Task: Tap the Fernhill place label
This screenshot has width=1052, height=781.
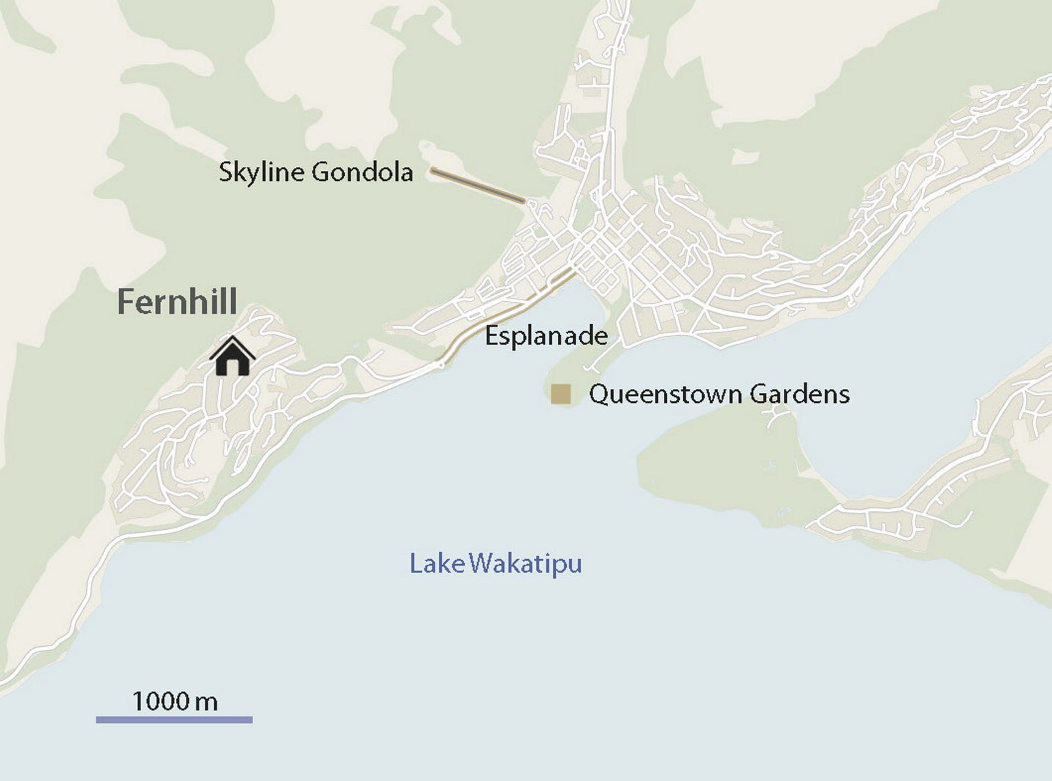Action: [177, 302]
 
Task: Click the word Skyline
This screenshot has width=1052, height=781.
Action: [261, 173]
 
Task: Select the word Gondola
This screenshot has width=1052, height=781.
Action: [362, 172]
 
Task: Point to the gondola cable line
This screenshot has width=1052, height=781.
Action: [478, 186]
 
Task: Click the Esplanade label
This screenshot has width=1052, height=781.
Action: [546, 335]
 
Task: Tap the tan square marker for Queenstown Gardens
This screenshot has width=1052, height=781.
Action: [561, 394]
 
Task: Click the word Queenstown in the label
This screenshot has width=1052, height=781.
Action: [666, 394]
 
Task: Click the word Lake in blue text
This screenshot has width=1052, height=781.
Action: [437, 564]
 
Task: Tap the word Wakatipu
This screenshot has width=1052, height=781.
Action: [526, 564]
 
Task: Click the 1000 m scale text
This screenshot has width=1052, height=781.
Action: [175, 701]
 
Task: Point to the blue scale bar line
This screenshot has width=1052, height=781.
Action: [174, 720]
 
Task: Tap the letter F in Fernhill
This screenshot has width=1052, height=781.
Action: [126, 302]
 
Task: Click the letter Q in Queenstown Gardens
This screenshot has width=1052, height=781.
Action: [598, 394]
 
